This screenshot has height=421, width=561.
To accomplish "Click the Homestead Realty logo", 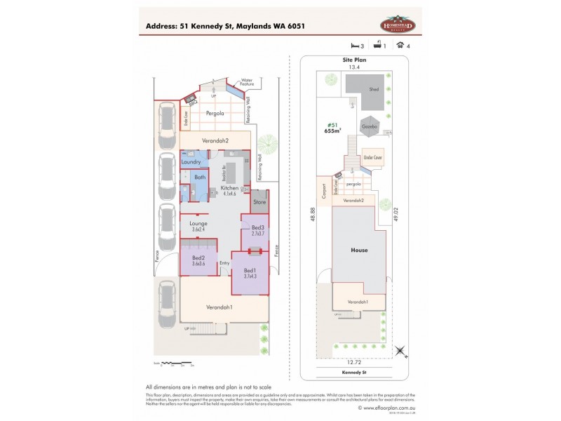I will [398, 25].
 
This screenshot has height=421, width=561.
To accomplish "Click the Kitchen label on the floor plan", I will [229, 189].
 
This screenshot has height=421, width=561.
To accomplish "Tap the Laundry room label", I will [191, 162].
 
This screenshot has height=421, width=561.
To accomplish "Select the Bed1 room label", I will [250, 272].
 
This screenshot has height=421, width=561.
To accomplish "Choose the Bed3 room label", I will [257, 228].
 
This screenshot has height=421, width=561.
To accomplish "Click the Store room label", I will [261, 203].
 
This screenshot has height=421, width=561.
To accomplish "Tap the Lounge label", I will [198, 225].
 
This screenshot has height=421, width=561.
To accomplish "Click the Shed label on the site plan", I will [374, 89].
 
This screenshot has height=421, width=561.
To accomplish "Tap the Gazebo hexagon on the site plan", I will [370, 127].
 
